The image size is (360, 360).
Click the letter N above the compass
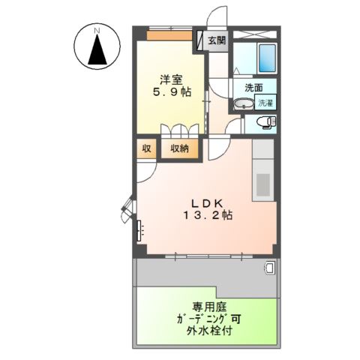[x=97, y=30]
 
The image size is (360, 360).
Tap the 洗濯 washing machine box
[x=265, y=103]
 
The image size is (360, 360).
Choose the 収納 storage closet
[x=179, y=148]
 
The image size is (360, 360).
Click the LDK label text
[x=205, y=202]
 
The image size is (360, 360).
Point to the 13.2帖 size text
[x=205, y=216]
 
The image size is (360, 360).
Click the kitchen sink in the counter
[x=264, y=182]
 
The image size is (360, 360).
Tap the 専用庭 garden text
[x=208, y=306]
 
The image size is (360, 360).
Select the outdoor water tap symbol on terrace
[x=268, y=267]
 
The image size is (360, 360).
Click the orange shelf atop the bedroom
[x=169, y=34]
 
